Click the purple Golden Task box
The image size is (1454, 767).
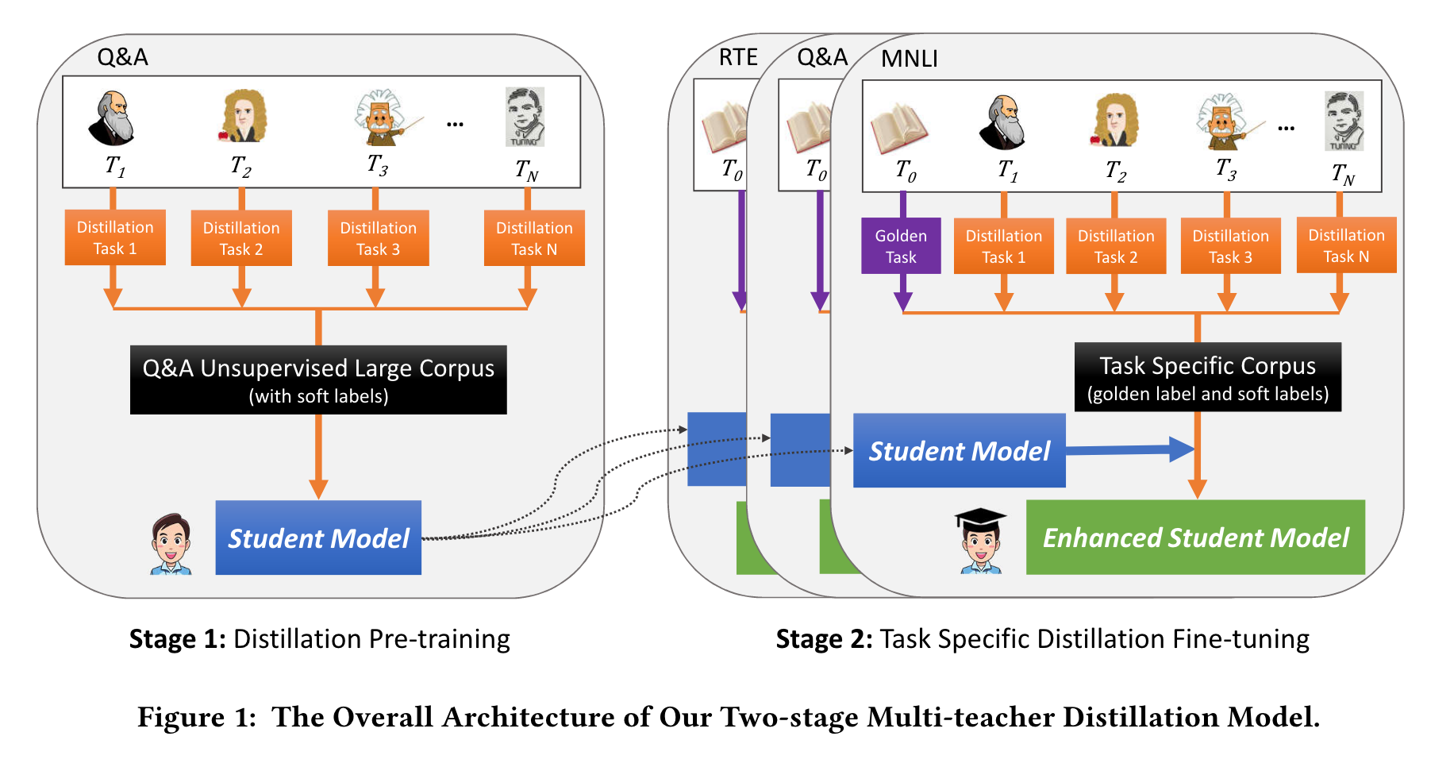(x=901, y=246)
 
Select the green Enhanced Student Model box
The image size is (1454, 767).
(x=1195, y=538)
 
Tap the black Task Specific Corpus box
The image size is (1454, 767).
(x=1207, y=377)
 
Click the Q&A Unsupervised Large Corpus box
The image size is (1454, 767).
(x=318, y=380)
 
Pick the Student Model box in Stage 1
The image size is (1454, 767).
(x=318, y=538)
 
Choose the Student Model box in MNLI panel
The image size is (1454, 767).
(x=959, y=450)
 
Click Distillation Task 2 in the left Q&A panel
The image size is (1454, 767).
(x=241, y=238)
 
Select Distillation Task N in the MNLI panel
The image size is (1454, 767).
(x=1346, y=245)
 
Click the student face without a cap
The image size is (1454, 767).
(x=171, y=544)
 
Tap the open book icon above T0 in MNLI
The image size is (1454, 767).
(x=898, y=127)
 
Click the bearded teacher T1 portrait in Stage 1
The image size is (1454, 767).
(x=112, y=118)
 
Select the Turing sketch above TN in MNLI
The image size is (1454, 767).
(x=1344, y=121)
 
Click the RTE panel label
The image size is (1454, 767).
(x=737, y=57)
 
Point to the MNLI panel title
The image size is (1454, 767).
(x=909, y=59)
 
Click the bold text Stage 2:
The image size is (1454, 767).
(x=824, y=639)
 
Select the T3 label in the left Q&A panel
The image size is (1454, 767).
(x=378, y=165)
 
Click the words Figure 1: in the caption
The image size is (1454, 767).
(x=196, y=717)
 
